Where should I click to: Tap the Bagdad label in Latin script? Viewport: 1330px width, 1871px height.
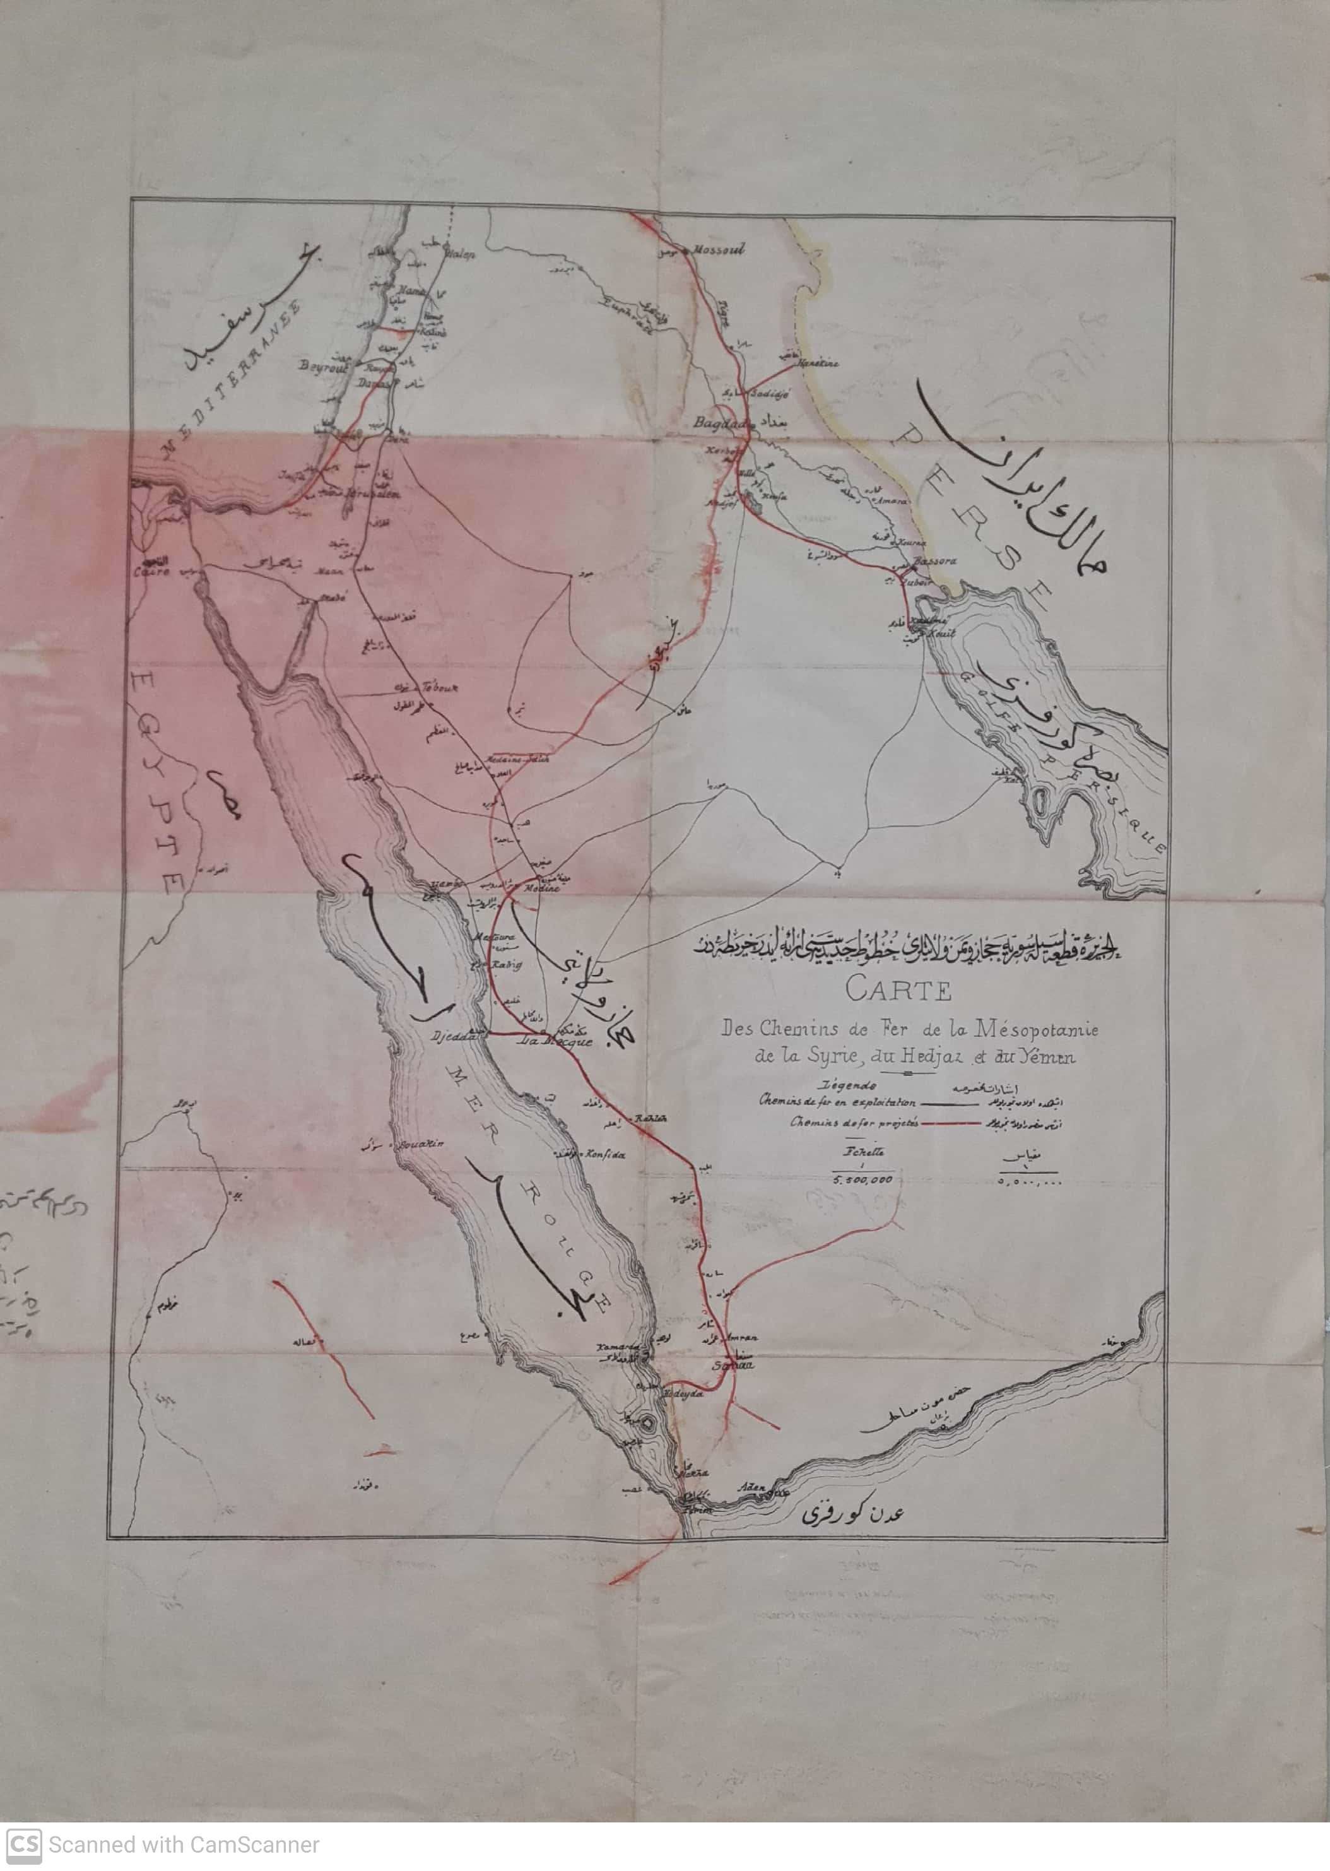(x=712, y=424)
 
